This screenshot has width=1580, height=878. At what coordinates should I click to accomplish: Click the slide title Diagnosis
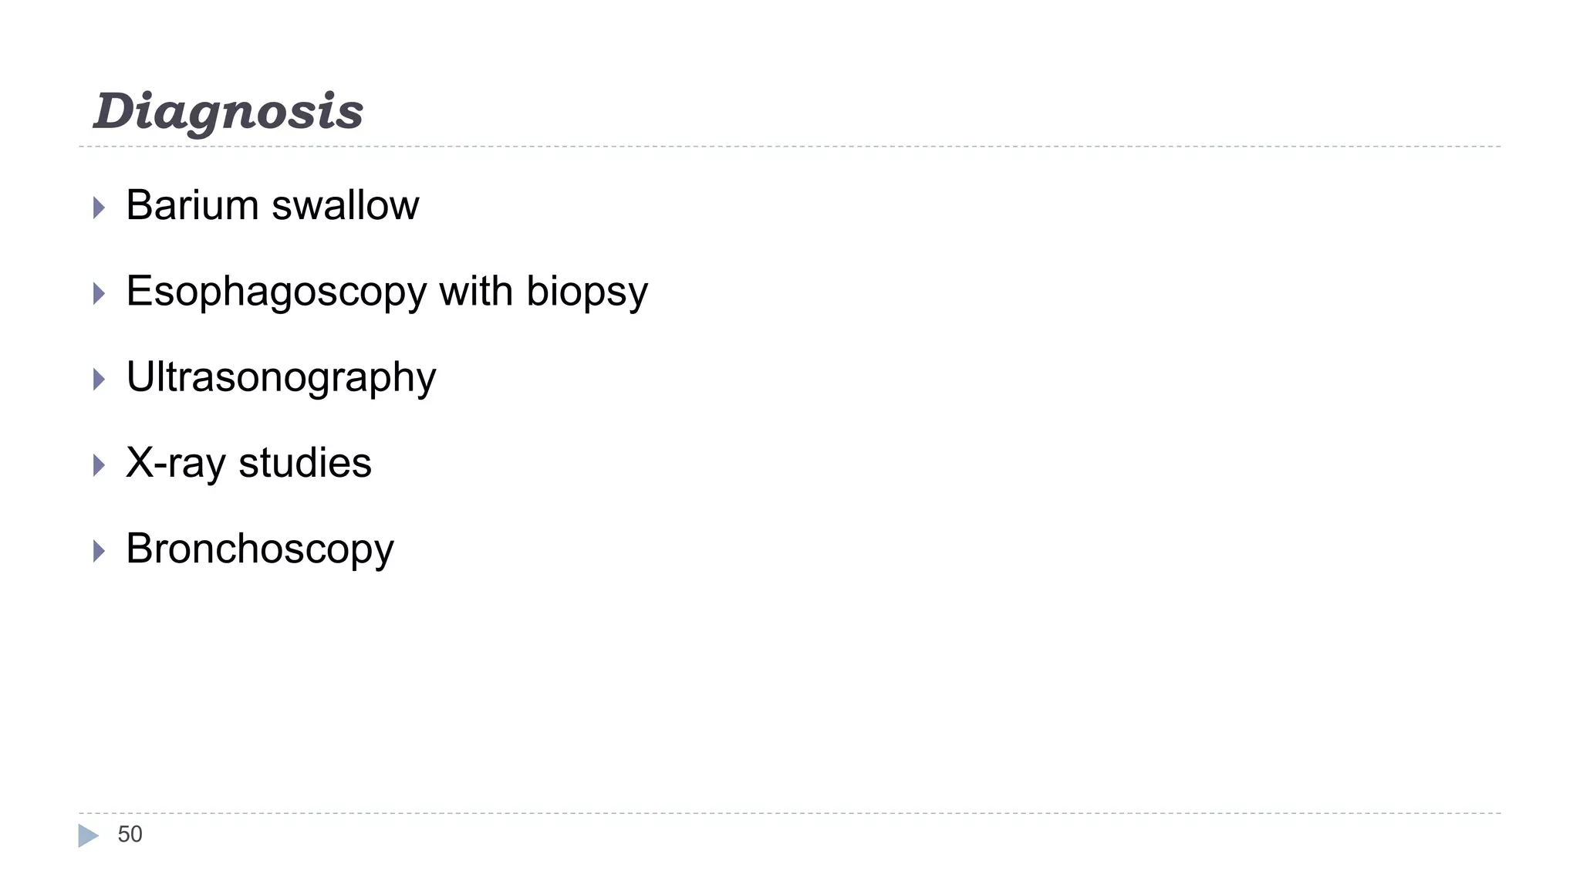[228, 112]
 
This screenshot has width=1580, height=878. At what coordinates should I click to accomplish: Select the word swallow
[345, 206]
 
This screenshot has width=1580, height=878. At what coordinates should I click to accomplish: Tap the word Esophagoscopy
[276, 293]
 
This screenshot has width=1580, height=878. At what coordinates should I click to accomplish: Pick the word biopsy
[587, 293]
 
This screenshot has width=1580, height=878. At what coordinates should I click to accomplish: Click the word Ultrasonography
[281, 379]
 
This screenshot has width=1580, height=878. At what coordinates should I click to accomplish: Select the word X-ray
[175, 464]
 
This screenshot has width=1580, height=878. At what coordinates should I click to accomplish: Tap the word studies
[305, 464]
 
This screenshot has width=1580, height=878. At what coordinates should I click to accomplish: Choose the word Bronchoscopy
[260, 550]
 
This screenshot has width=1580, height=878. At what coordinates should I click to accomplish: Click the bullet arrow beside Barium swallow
[99, 208]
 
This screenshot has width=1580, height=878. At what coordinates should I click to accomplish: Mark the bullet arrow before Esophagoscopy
[99, 293]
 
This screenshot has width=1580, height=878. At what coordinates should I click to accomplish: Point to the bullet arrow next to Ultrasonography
[99, 379]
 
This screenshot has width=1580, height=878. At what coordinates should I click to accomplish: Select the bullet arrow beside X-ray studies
[99, 465]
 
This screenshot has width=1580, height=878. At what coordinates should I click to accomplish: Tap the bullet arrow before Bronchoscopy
[99, 551]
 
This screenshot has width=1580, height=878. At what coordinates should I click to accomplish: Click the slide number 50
[130, 835]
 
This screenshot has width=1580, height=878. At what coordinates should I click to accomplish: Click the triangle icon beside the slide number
[88, 836]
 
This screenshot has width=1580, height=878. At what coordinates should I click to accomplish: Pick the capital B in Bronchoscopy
[140, 549]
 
